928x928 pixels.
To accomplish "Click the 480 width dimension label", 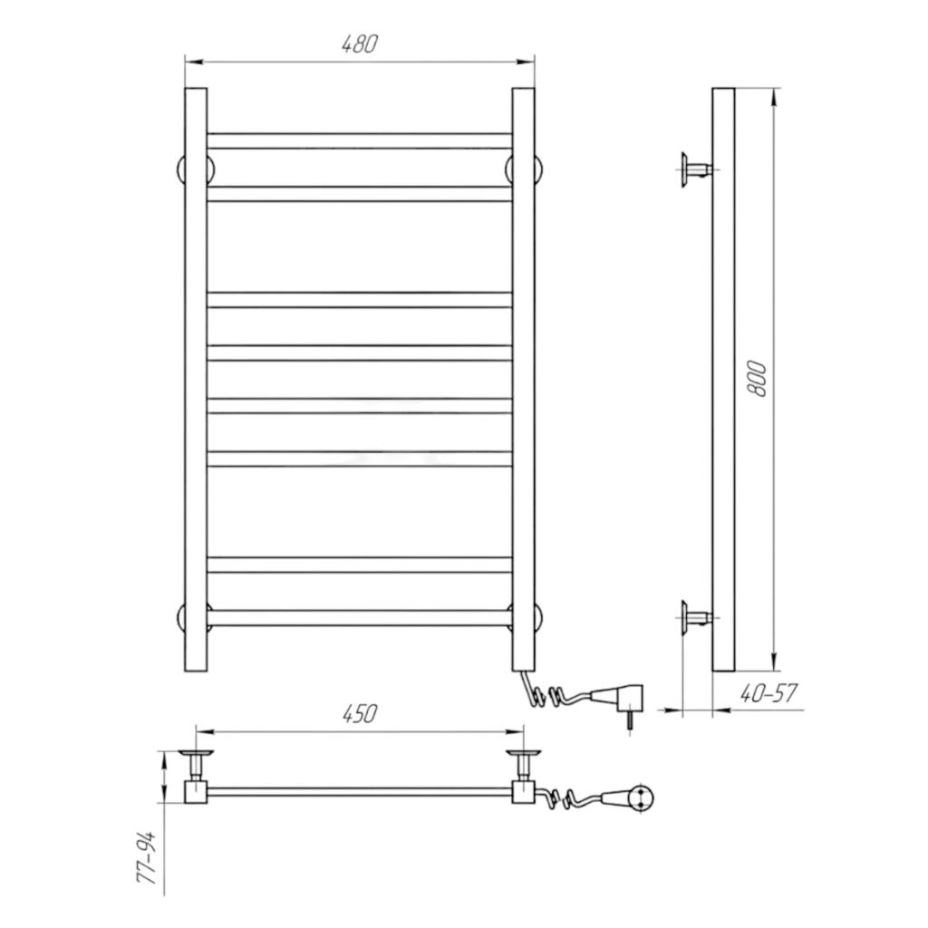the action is pos(359,44).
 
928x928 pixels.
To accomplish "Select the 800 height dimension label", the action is pos(757,379).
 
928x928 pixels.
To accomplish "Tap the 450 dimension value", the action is pos(359,714).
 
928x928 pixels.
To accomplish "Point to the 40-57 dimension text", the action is pos(768,693).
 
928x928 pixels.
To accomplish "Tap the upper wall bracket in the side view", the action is pos(696,170).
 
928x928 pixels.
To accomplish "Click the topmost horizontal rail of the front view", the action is pos(359,140).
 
